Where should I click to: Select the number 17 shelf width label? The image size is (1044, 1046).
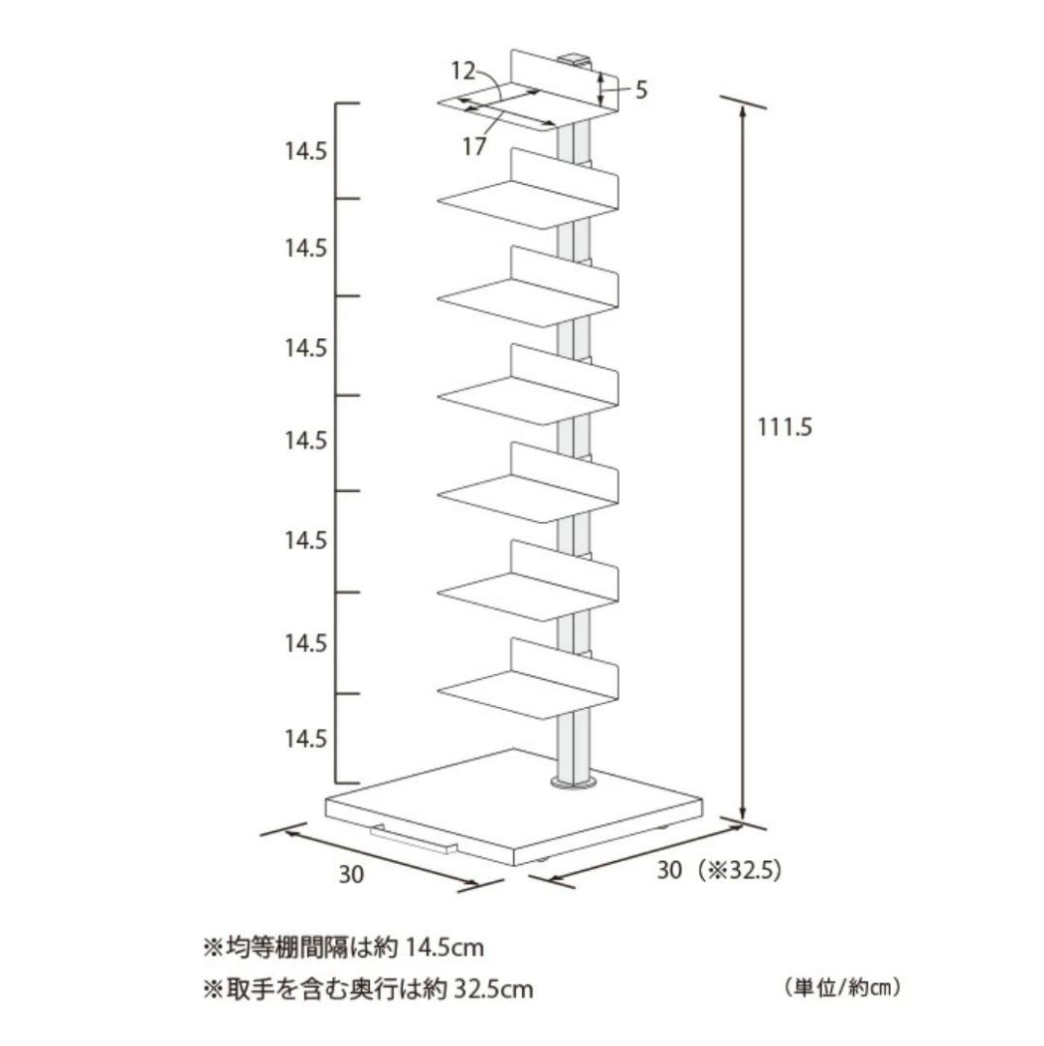pos(474,147)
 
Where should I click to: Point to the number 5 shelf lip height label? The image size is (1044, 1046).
pos(640,91)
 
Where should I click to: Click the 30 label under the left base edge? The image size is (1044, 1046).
pos(352,874)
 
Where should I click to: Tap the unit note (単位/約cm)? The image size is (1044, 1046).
pos(844,988)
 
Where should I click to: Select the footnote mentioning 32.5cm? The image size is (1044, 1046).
pos(367,989)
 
